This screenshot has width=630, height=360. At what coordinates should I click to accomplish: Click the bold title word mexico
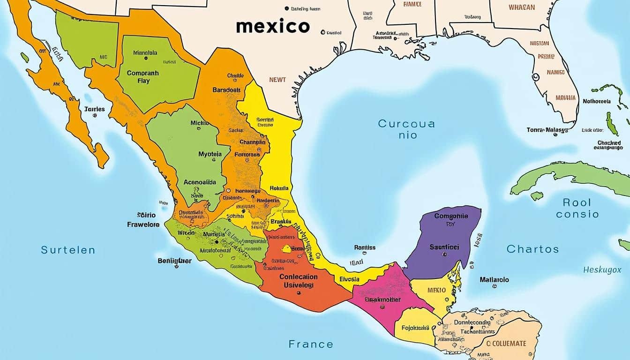[x=273, y=26]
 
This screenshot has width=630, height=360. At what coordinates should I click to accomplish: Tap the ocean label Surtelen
[x=68, y=250]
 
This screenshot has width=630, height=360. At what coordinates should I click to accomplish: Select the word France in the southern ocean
[x=311, y=344]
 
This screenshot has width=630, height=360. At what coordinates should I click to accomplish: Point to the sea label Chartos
[x=532, y=249]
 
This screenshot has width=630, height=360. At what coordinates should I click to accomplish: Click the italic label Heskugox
[x=602, y=270]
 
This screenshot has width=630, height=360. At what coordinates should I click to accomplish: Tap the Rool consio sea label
[x=577, y=209]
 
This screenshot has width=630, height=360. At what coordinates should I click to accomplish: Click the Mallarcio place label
[x=494, y=280]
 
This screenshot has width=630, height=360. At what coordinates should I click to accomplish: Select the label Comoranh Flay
[x=142, y=77]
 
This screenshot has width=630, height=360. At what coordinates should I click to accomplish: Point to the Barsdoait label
[x=226, y=90]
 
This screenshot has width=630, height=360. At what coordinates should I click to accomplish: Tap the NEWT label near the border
[x=277, y=80]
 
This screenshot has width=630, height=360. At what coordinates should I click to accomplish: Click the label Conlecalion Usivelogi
[x=299, y=281]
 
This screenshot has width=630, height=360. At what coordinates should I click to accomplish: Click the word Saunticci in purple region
[x=444, y=247]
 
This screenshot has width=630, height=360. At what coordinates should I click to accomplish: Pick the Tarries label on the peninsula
[x=95, y=109]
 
